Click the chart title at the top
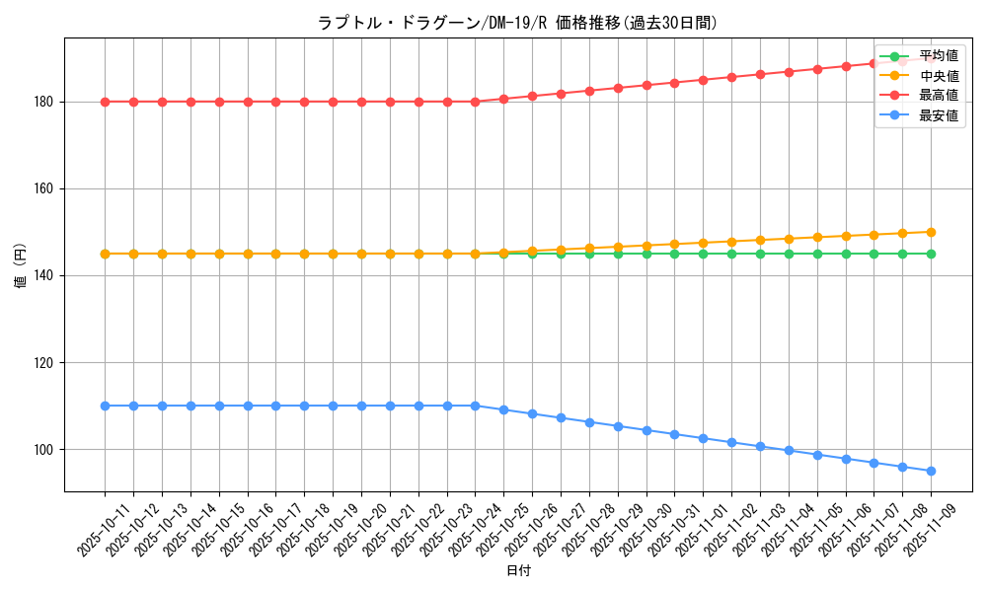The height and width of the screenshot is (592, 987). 517,23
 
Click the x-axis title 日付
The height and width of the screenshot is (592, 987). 518,571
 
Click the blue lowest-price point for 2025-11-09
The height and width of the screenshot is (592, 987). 931,471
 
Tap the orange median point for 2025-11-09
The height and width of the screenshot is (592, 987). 931,232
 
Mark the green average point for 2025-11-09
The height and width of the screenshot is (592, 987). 931,254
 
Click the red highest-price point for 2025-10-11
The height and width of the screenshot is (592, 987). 105,102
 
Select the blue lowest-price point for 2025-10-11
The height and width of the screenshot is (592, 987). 105,406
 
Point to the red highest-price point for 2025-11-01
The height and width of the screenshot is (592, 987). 703,80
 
